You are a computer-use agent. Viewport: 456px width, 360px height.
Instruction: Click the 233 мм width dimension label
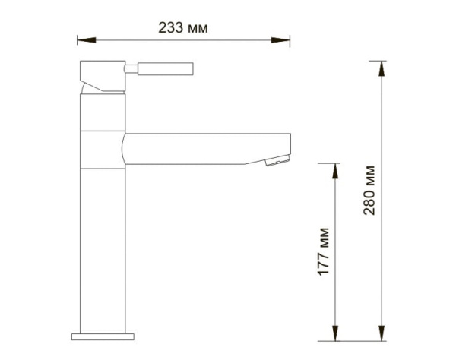pos(183,28)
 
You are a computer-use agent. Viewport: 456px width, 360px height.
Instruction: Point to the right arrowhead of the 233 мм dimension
pos(284,39)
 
